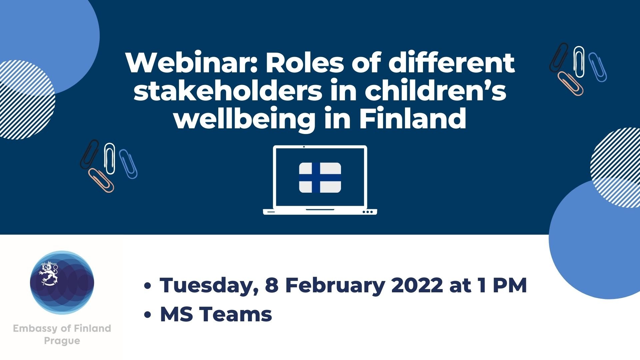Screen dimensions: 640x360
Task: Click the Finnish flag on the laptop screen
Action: pyautogui.click(x=320, y=178)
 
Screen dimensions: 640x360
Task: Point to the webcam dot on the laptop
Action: pyautogui.click(x=304, y=147)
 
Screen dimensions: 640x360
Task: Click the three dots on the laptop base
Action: pyautogui.click(x=367, y=212)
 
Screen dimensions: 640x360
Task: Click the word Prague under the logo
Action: pyautogui.click(x=62, y=341)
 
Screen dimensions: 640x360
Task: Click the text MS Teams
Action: pyautogui.click(x=216, y=314)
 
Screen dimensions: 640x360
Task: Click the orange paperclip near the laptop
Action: pyautogui.click(x=101, y=180)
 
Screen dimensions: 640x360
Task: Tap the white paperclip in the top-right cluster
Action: pyautogui.click(x=579, y=62)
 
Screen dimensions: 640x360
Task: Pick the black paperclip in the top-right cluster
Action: pyautogui.click(x=559, y=57)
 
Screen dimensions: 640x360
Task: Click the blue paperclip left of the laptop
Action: pyautogui.click(x=128, y=164)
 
